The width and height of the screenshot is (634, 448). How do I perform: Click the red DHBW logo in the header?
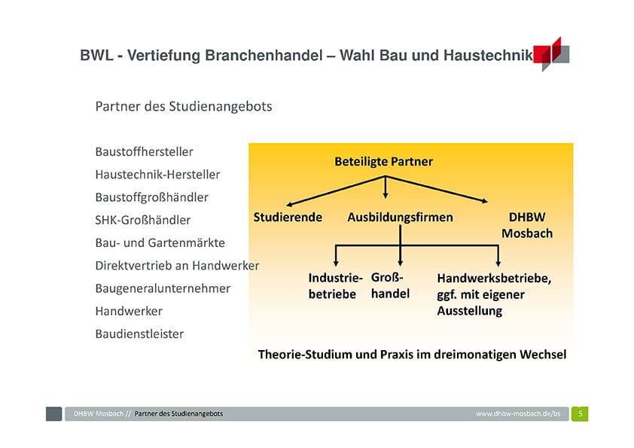tap(551, 54)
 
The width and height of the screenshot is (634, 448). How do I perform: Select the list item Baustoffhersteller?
tap(145, 151)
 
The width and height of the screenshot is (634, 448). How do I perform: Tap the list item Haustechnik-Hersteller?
tap(157, 174)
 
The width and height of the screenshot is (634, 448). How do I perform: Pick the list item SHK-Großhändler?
tap(143, 220)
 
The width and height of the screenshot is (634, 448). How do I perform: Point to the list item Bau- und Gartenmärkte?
tap(160, 242)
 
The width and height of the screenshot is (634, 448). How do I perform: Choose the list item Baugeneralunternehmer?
tap(163, 288)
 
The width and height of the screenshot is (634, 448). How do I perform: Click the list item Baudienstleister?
tap(139, 334)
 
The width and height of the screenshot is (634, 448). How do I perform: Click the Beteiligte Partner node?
tap(384, 162)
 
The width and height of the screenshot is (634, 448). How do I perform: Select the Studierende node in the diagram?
tap(288, 217)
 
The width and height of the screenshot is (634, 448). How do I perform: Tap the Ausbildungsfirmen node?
tap(401, 218)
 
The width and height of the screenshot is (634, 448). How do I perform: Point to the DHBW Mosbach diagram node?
tap(527, 225)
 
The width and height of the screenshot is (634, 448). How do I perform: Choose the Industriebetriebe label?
tap(335, 286)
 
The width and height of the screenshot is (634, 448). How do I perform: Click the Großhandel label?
tap(390, 285)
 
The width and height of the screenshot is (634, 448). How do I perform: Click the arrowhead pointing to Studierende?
tap(288, 205)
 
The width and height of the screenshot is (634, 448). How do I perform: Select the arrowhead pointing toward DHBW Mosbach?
tap(484, 200)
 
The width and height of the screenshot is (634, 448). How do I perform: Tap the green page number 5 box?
tap(580, 413)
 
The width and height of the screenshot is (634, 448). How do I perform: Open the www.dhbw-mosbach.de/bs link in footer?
tap(518, 413)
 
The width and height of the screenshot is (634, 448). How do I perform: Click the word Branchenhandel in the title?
tap(264, 56)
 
